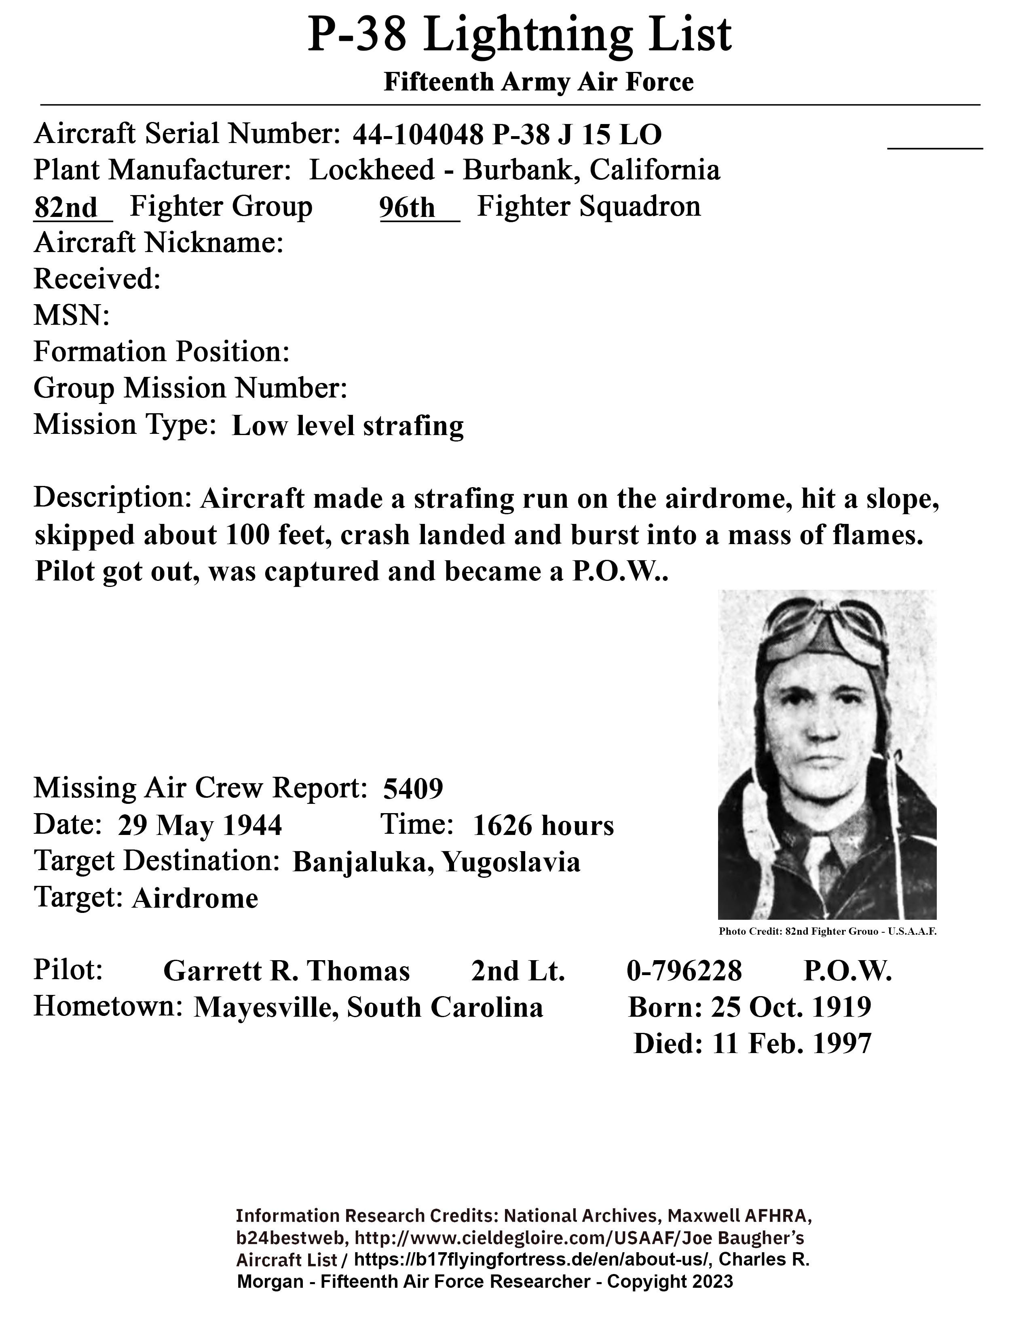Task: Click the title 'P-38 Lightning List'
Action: click(x=519, y=36)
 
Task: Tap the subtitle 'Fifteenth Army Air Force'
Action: click(x=538, y=82)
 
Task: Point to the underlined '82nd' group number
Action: click(x=65, y=208)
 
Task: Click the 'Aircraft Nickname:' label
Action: click(x=158, y=243)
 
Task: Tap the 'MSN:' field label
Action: click(x=72, y=315)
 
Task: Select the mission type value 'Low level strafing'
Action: click(x=348, y=426)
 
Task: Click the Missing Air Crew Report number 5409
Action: click(x=413, y=788)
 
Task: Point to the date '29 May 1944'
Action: click(x=200, y=826)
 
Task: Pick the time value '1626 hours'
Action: click(x=543, y=826)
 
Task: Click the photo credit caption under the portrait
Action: click(x=827, y=932)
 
